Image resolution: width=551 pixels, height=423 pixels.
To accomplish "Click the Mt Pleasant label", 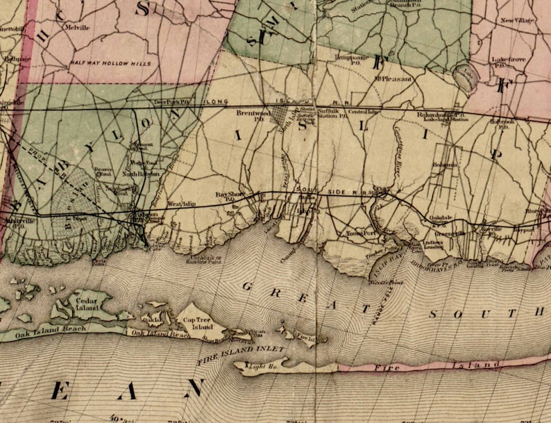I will click(393, 79).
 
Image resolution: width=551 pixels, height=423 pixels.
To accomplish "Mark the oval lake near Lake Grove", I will click(464, 77).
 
